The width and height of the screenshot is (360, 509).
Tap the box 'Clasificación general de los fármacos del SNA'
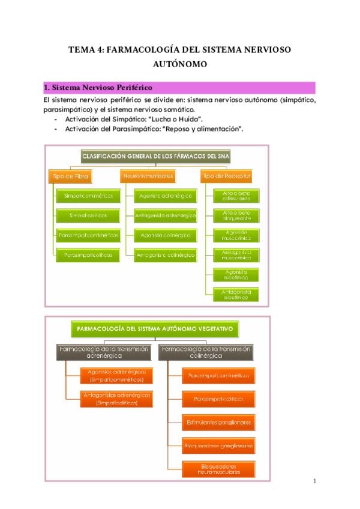155,157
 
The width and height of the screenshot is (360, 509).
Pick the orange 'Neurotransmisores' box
148,176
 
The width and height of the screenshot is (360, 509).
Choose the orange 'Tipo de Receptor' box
226,176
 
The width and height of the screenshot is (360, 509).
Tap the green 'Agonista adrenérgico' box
165,196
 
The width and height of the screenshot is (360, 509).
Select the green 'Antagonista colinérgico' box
165,254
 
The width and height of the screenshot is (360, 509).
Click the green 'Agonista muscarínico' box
232,235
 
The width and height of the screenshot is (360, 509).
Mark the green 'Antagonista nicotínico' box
232,294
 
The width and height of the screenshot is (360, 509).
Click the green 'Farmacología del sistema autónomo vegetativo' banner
155,329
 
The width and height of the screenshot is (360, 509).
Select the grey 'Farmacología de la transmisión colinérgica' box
206,352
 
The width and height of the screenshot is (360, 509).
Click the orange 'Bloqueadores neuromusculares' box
218,469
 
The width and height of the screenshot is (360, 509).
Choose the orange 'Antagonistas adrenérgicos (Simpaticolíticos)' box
116,399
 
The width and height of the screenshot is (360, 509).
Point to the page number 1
314,481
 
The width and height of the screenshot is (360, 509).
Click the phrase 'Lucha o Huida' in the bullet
178,120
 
